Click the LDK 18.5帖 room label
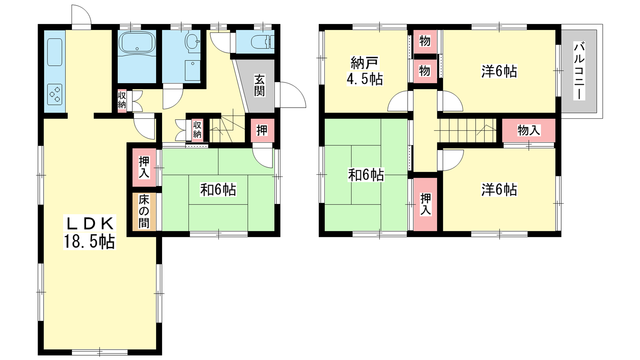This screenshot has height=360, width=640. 89,232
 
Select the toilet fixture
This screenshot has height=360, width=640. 262,42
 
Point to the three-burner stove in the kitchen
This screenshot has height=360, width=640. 55,94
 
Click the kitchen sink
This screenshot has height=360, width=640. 54,52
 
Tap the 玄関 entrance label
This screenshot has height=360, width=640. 260,86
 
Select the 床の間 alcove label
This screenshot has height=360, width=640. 144,212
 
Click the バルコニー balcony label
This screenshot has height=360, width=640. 579,71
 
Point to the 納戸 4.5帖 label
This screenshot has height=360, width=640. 364,71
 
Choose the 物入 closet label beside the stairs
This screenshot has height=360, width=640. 529,130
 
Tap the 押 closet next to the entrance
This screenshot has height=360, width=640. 262,130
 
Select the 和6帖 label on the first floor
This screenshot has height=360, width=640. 218,190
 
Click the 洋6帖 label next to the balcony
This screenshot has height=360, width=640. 499,71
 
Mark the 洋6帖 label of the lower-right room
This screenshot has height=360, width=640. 499,190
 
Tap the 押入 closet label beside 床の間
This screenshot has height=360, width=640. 144,167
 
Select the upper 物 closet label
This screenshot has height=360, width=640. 425,41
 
